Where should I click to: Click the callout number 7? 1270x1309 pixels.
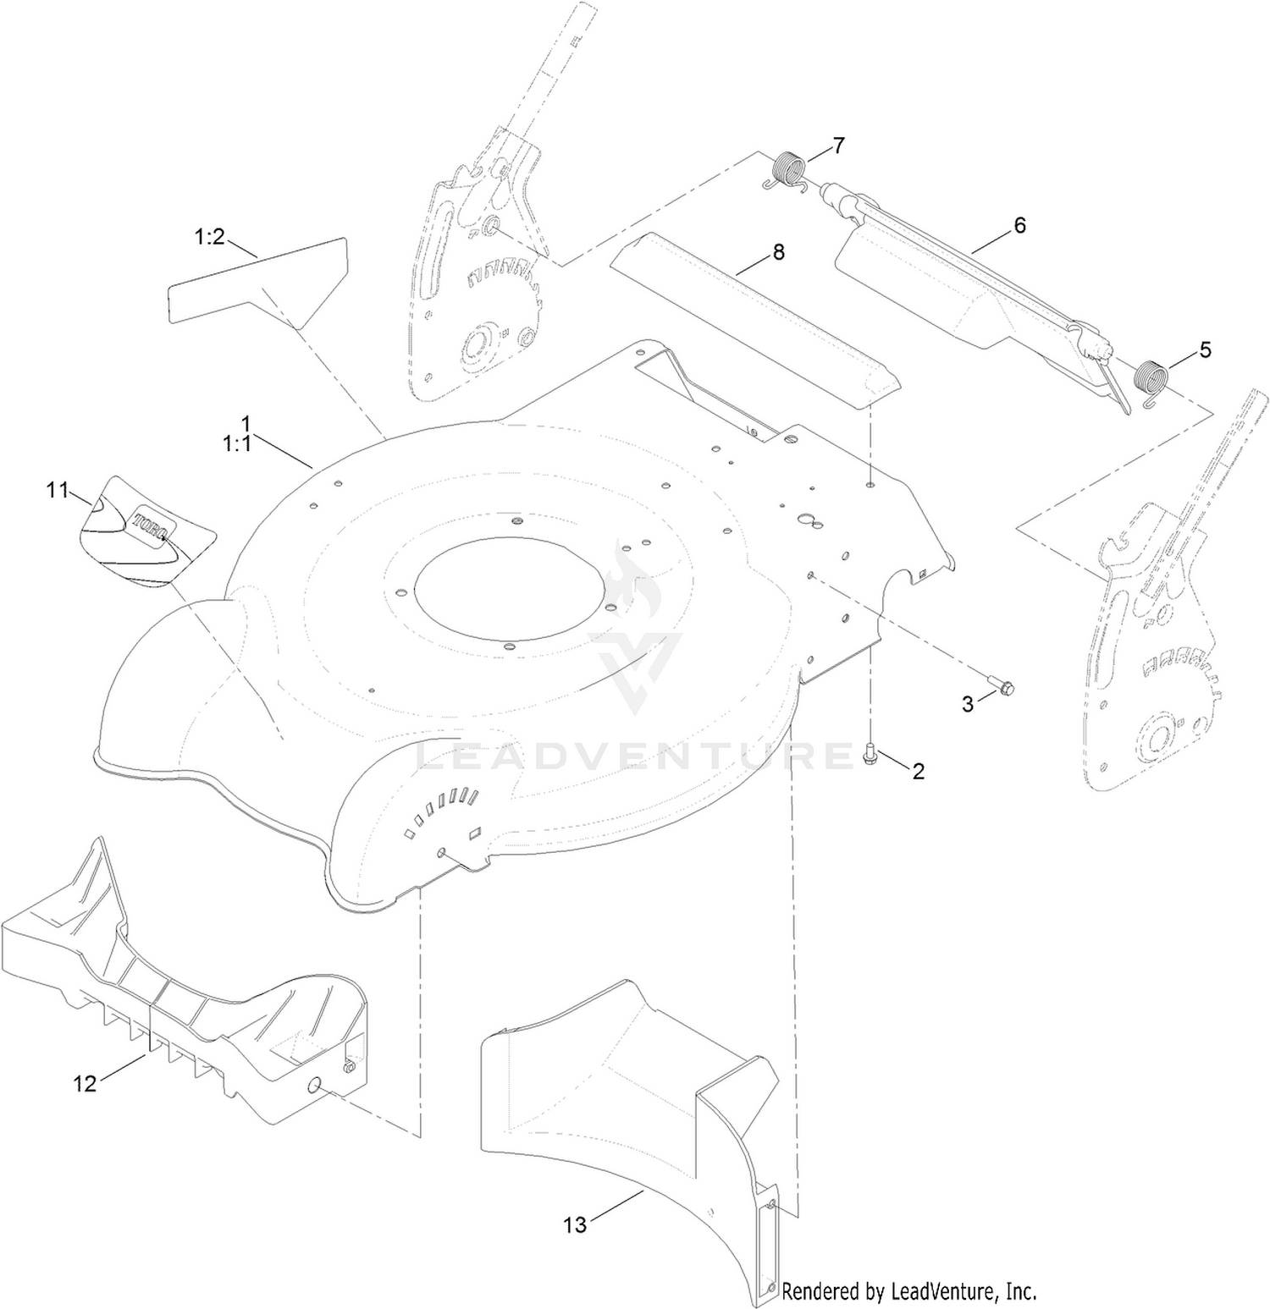coord(838,146)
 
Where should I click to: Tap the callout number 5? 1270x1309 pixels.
coord(1205,349)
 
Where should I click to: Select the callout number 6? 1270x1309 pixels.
coord(1019,225)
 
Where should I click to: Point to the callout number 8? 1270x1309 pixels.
coord(778,251)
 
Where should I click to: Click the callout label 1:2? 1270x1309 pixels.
coord(210,237)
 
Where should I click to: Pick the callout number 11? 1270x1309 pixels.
coord(57,490)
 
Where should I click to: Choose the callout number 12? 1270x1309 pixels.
coord(85,1083)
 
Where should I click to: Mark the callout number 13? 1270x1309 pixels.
coord(575,1224)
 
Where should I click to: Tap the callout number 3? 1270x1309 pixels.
coord(968,704)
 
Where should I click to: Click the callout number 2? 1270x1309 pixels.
coord(918,771)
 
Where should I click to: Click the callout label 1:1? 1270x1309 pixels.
coord(237,443)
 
